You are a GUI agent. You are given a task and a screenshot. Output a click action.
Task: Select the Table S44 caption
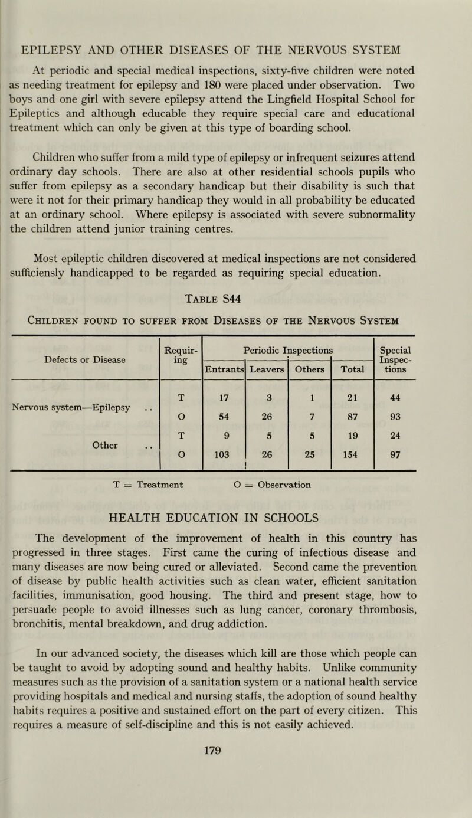click(x=235, y=299)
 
